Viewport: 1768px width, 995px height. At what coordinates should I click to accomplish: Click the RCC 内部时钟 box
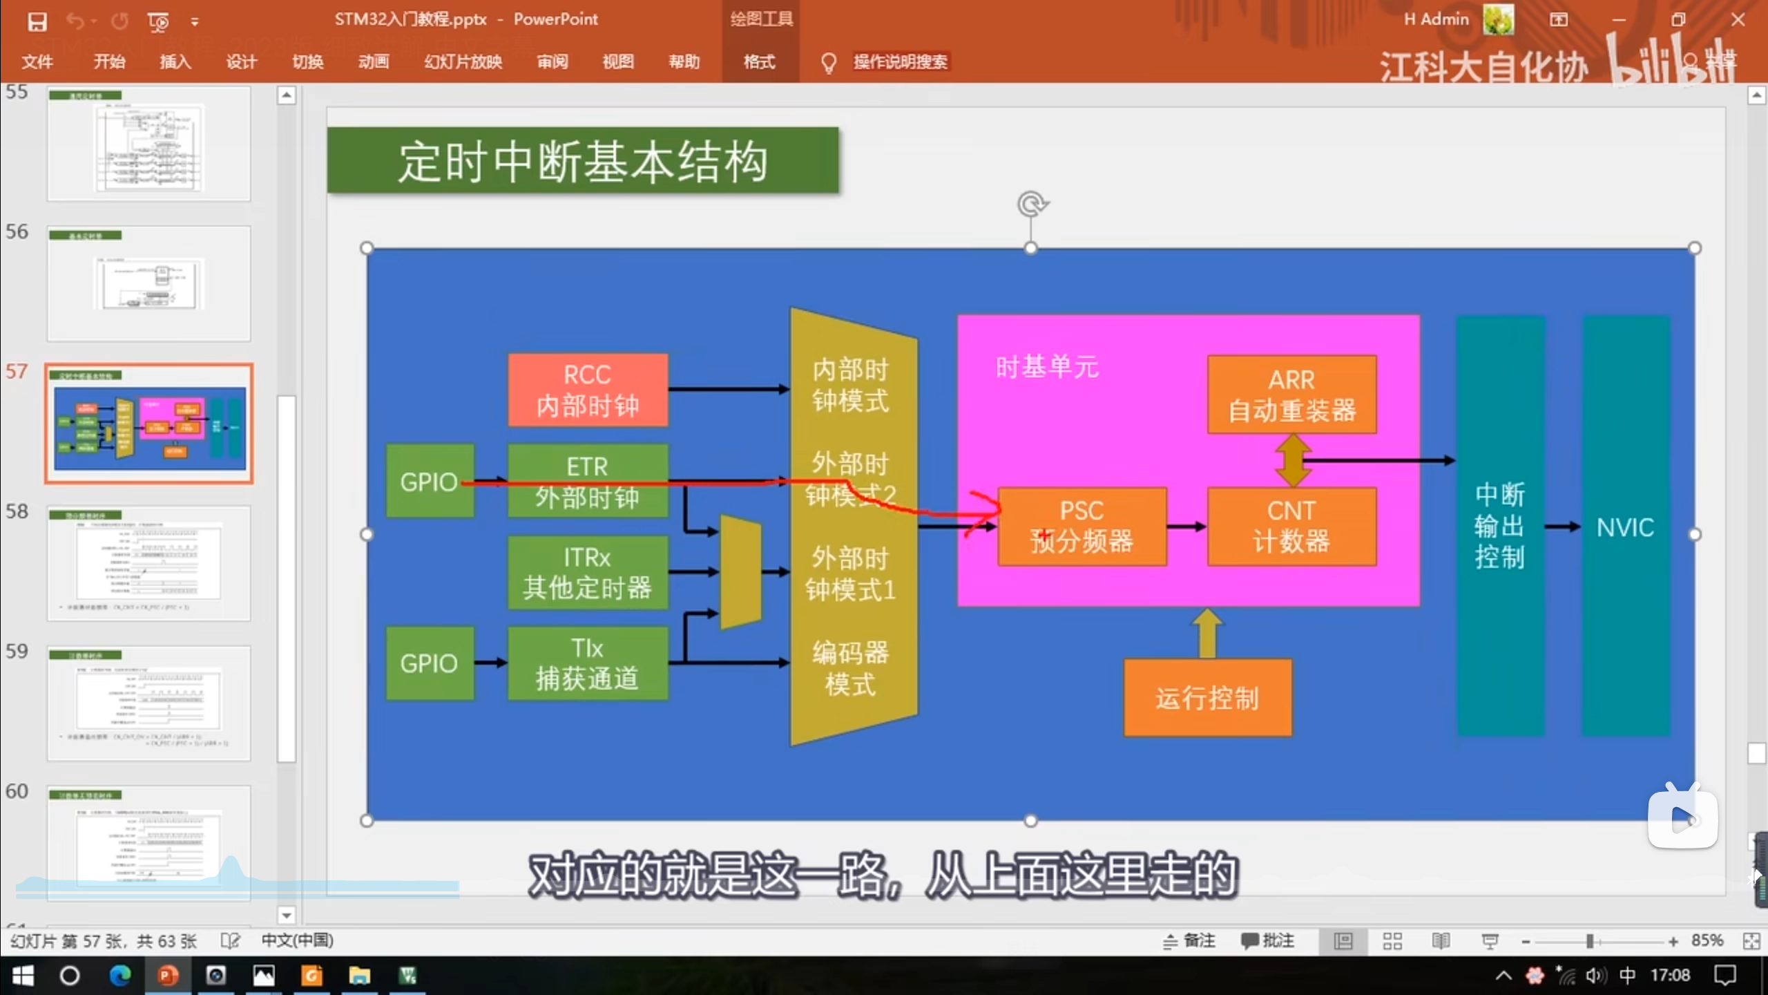coord(588,390)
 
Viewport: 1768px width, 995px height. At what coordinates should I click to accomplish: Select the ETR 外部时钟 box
coord(588,481)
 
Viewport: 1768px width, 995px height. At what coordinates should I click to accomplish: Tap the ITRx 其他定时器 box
coord(588,572)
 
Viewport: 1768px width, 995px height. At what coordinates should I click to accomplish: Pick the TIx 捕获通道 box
coord(588,663)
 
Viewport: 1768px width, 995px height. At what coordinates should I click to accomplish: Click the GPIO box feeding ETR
coord(429,482)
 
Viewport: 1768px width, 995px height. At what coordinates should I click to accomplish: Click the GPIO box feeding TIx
coord(429,663)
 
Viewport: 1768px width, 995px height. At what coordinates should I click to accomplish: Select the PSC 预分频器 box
coord(1082,527)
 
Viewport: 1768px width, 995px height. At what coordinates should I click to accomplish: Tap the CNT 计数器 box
coord(1291,527)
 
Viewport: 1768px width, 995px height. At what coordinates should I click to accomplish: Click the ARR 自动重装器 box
coord(1291,395)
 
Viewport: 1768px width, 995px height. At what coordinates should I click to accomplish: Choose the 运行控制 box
coord(1207,698)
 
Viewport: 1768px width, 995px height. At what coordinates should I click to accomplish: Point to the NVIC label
coord(1625,528)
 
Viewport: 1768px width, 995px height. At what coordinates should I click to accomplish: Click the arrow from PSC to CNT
coord(1186,527)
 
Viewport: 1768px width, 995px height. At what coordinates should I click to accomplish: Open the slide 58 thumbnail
coord(148,562)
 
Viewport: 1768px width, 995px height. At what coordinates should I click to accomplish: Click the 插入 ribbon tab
coord(175,62)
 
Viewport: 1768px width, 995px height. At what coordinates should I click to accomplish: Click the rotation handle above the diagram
coord(1032,205)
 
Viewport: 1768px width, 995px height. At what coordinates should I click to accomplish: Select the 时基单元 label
coord(1047,367)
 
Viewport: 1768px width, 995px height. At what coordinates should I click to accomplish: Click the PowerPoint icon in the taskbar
coord(167,976)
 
